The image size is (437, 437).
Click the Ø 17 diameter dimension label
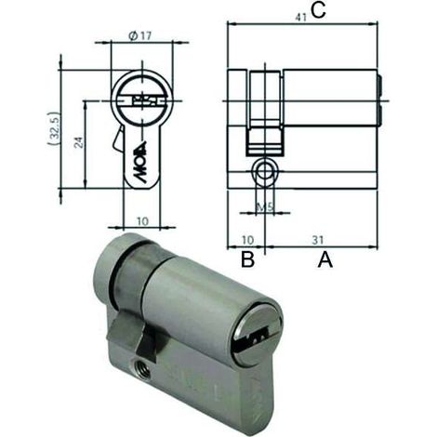click(139, 36)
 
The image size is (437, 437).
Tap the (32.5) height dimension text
click(54, 128)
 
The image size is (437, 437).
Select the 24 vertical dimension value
click(80, 142)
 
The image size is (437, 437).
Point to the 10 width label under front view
click(142, 221)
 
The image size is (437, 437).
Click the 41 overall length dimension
click(300, 18)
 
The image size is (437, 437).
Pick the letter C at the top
click(318, 10)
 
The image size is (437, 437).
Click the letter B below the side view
click(247, 259)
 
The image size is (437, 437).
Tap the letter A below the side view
click(325, 259)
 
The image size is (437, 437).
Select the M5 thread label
click(266, 207)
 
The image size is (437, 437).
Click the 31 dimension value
click(318, 240)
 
